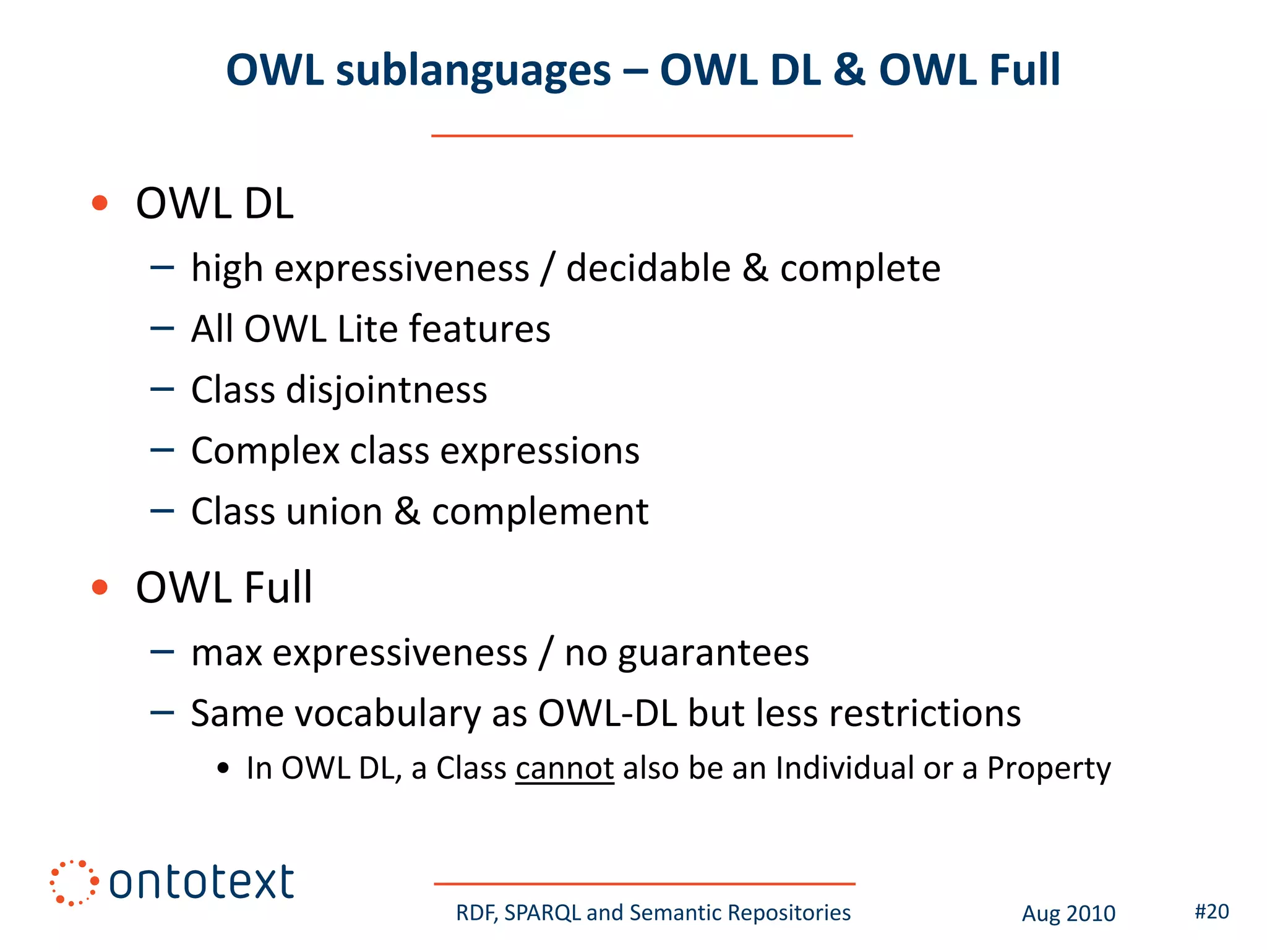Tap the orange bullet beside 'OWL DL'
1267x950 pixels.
[100, 203]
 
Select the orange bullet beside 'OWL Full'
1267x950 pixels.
[100, 587]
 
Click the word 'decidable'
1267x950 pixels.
[648, 268]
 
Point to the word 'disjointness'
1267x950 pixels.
[387, 390]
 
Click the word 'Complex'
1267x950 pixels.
[265, 451]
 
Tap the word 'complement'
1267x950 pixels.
[539, 512]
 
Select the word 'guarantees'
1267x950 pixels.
[713, 653]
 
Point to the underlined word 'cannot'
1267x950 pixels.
[564, 769]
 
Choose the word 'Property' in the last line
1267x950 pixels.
[1049, 769]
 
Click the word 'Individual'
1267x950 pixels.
[844, 768]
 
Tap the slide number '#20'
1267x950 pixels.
[1211, 912]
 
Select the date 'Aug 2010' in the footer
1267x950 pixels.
[1068, 914]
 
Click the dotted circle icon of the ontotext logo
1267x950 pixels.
[74, 883]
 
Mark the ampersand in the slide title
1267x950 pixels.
[849, 69]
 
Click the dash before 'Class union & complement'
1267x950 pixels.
[162, 511]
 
